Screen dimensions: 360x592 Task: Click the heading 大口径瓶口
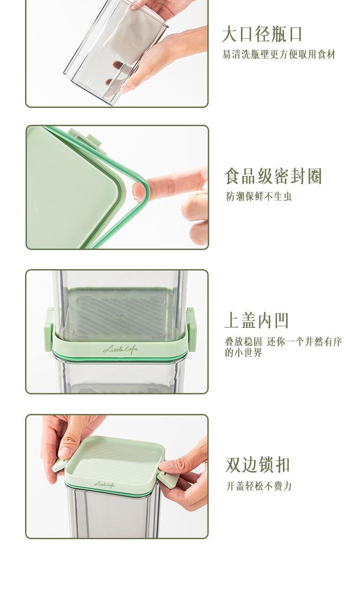[262, 34]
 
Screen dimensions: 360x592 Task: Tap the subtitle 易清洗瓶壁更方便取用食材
[279, 55]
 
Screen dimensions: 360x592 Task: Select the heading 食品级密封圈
[273, 176]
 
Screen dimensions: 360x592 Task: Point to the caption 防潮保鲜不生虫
[259, 196]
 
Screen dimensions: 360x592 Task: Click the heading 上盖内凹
[257, 321]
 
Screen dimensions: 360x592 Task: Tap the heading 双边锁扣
[258, 464]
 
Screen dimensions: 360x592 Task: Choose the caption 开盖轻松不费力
[259, 486]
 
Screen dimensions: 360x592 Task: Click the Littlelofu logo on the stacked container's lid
[121, 349]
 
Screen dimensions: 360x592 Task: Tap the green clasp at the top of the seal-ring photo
[85, 139]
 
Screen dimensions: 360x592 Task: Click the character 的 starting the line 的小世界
[229, 353]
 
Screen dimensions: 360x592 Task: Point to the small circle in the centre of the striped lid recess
[120, 316]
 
